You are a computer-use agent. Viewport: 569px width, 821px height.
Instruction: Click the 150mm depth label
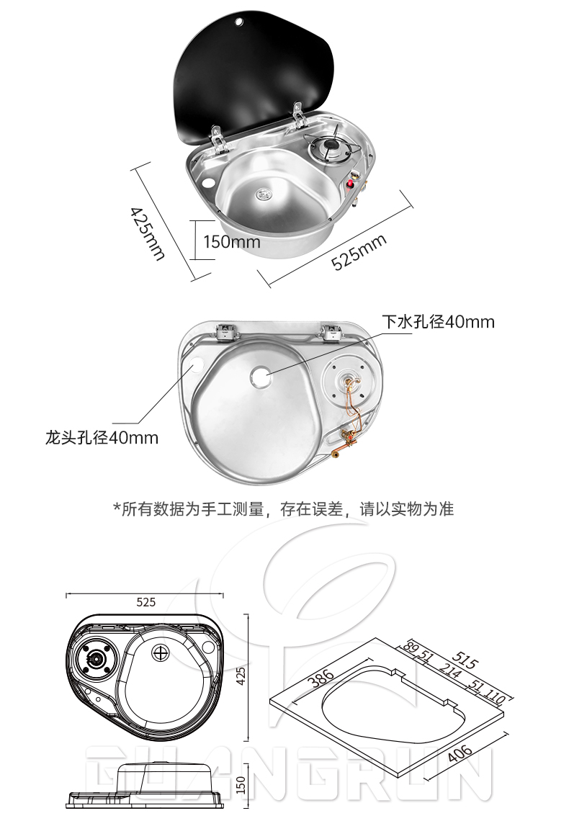231,241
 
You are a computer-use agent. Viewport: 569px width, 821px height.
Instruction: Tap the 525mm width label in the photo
359,252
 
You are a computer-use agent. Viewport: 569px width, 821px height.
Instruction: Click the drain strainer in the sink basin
264,192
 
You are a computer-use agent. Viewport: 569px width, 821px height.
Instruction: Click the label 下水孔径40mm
438,321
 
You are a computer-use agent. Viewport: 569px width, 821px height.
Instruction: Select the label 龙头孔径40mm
102,437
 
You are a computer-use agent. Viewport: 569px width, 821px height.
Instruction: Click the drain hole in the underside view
261,375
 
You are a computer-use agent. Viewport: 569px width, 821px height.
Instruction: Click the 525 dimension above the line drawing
146,602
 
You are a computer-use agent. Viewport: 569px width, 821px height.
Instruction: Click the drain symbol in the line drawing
161,653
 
